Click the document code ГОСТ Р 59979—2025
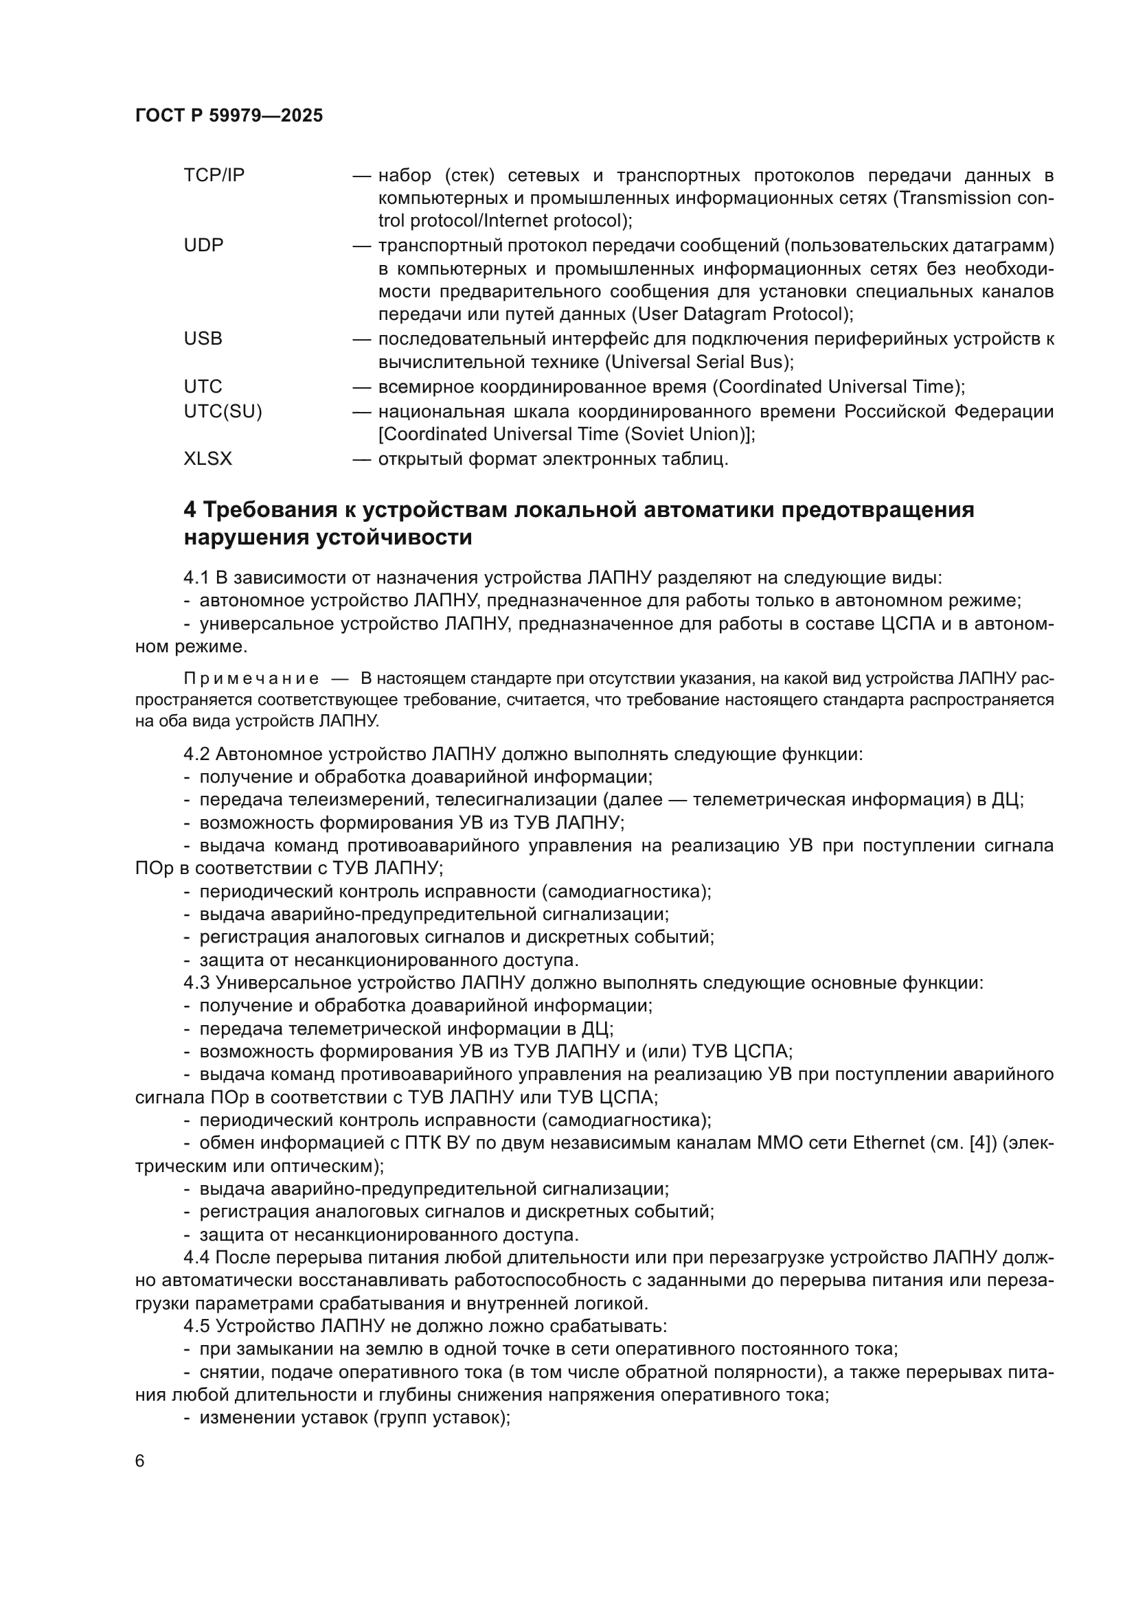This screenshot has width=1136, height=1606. (229, 116)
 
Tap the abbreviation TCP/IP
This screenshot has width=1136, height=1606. (214, 176)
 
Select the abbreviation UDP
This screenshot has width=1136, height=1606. (203, 246)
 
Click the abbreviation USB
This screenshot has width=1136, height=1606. (203, 339)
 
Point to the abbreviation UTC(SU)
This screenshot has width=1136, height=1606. (223, 412)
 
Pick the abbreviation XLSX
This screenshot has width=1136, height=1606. (207, 459)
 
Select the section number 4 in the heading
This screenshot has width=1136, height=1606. (190, 510)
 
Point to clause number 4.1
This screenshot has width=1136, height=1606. (196, 578)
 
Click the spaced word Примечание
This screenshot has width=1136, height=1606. (251, 678)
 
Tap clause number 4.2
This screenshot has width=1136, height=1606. (196, 755)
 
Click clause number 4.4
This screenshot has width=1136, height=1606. (196, 1259)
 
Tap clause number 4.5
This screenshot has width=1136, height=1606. (196, 1327)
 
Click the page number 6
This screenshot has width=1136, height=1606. (140, 1462)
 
